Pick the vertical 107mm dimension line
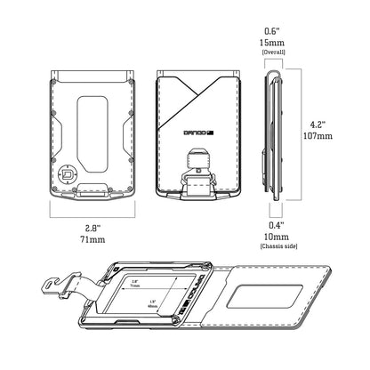click(297, 130)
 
